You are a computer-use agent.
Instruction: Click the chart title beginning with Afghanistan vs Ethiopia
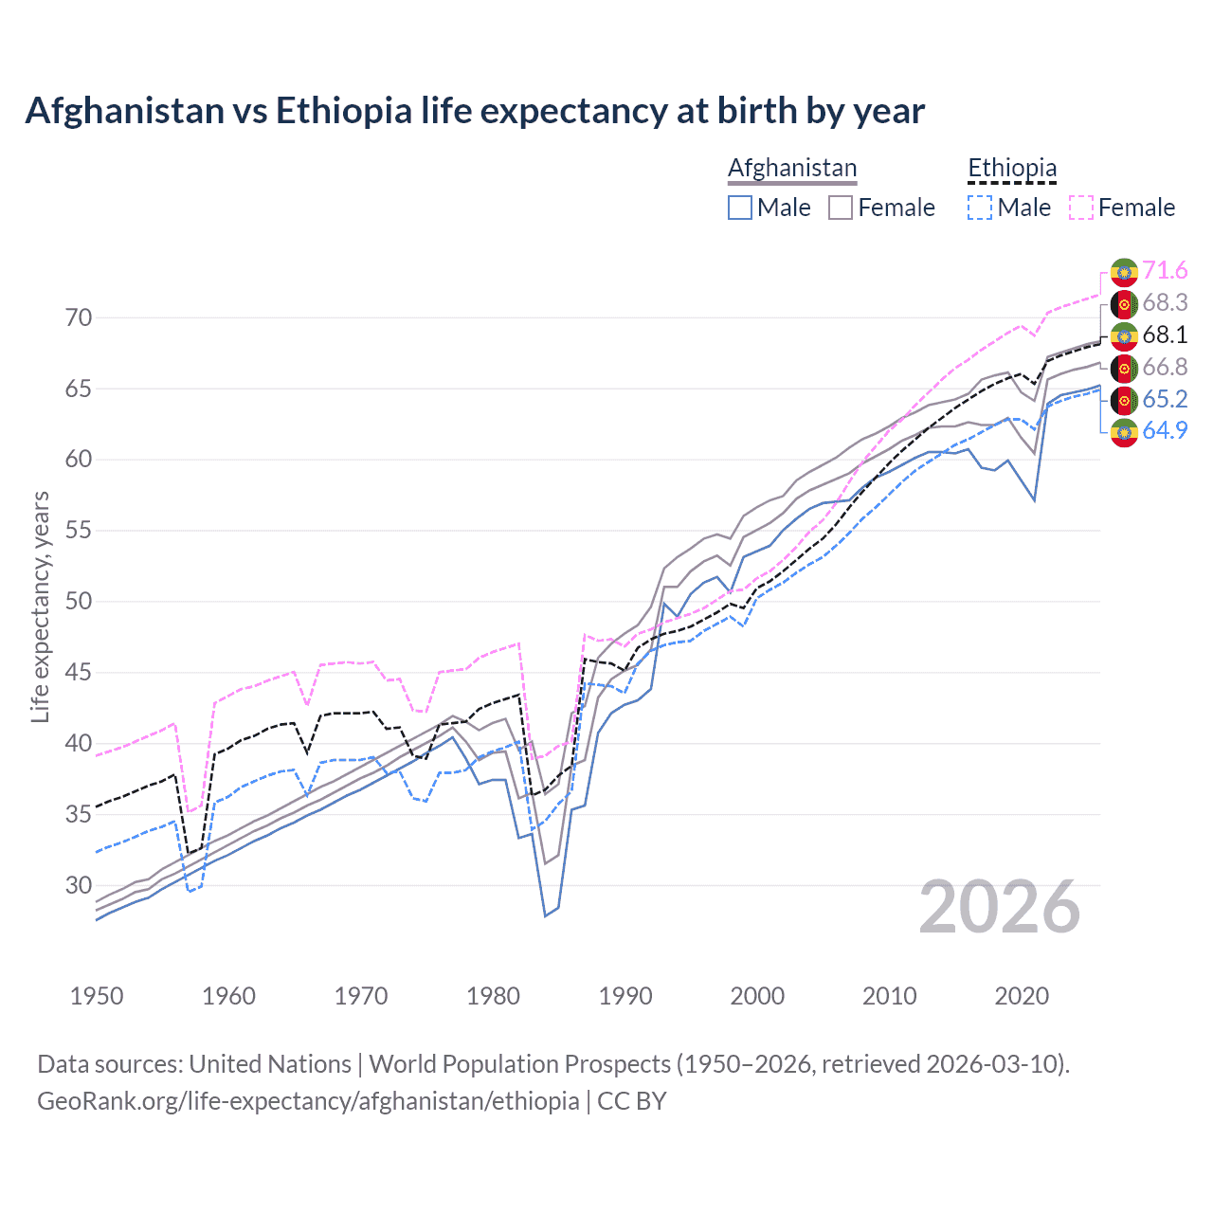tap(475, 111)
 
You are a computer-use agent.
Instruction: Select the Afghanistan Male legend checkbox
tap(740, 208)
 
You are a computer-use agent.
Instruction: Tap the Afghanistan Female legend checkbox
tap(841, 208)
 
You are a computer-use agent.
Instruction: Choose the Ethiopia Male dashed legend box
tap(980, 208)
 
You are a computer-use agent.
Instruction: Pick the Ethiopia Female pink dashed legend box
tap(1081, 208)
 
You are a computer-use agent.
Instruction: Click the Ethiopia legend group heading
tap(1011, 169)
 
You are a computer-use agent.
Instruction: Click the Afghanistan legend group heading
tap(792, 169)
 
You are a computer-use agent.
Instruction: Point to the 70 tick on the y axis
tap(79, 317)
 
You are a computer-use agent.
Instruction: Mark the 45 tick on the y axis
tap(79, 673)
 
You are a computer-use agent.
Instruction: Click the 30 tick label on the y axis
tap(79, 885)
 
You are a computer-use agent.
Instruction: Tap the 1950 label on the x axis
tap(97, 996)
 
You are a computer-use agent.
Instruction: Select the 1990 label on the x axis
tap(625, 996)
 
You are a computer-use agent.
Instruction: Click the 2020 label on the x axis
tap(1022, 996)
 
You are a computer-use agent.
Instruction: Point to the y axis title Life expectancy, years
tap(41, 606)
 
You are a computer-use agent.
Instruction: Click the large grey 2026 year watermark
tap(999, 908)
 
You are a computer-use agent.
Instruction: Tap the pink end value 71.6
tap(1165, 271)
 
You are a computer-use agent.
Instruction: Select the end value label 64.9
tap(1165, 431)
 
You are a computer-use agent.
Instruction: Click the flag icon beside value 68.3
tap(1124, 303)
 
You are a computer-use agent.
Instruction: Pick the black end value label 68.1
tap(1165, 335)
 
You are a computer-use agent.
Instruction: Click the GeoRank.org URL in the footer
tap(308, 1101)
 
